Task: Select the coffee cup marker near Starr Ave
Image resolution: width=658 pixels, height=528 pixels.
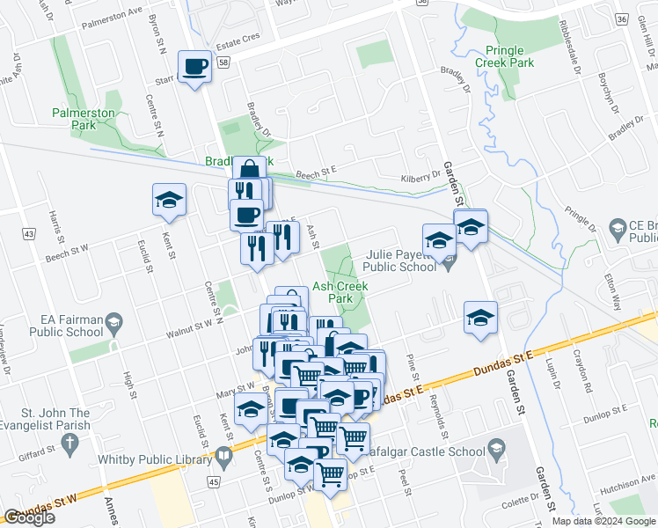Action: tap(195, 66)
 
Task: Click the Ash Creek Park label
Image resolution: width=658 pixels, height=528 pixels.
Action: tap(340, 292)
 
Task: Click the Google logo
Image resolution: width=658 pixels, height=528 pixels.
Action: tap(30, 517)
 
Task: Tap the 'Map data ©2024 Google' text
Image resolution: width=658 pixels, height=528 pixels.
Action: tap(603, 521)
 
